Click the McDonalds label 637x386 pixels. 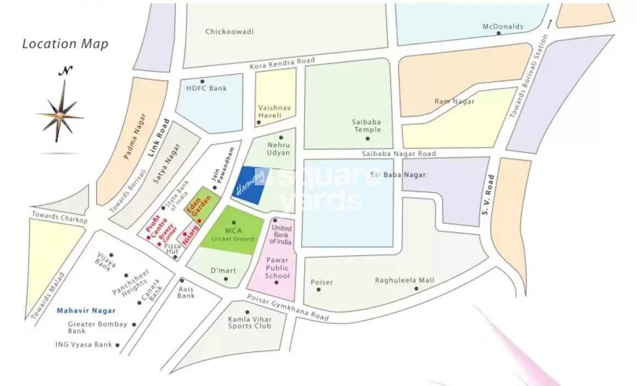(502, 26)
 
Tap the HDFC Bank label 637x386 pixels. (206, 88)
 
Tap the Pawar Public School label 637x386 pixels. (277, 268)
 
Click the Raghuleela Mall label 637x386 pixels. (404, 280)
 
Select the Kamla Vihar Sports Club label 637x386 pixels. (250, 322)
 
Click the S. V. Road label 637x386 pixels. (488, 195)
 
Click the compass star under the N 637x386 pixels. (60, 114)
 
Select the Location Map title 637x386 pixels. (65, 44)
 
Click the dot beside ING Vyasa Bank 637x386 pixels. (118, 345)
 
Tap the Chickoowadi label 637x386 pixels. (229, 31)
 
